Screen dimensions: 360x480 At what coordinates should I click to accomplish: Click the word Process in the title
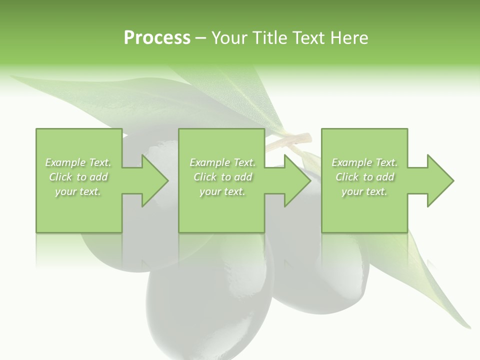157,38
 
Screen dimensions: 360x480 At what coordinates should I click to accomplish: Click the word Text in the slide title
308,38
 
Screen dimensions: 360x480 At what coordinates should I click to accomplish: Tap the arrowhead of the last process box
437,180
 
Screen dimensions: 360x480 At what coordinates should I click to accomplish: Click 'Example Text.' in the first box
78,162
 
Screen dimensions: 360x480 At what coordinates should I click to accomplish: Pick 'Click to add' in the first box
78,177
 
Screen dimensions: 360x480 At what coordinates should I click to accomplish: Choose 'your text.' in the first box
78,191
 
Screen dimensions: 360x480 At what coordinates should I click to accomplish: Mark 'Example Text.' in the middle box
222,162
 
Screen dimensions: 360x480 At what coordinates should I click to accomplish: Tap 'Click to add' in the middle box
222,177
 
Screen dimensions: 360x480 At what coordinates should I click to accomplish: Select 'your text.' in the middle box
222,191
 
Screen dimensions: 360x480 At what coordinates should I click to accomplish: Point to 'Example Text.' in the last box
364,162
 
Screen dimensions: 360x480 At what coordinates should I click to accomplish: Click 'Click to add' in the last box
364,177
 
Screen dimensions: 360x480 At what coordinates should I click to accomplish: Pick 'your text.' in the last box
364,191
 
